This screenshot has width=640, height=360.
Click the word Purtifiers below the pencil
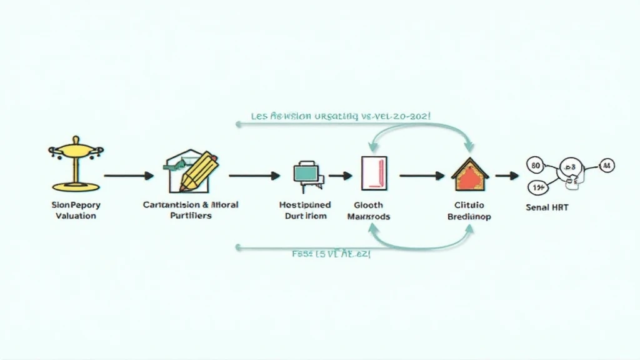click(191, 216)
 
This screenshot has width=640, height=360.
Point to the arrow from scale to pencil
click(128, 176)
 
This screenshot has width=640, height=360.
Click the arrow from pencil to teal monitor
click(254, 176)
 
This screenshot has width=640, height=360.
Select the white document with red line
click(374, 172)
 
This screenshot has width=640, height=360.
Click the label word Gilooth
click(368, 205)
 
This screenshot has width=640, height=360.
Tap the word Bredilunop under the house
click(469, 217)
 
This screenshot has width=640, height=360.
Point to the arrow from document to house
click(421, 176)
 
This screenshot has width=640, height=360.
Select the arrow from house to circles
click(507, 176)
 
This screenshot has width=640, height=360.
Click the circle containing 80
click(536, 166)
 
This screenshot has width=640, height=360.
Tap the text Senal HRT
click(547, 207)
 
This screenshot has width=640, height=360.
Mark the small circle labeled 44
click(606, 166)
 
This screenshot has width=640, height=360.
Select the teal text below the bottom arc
click(331, 255)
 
